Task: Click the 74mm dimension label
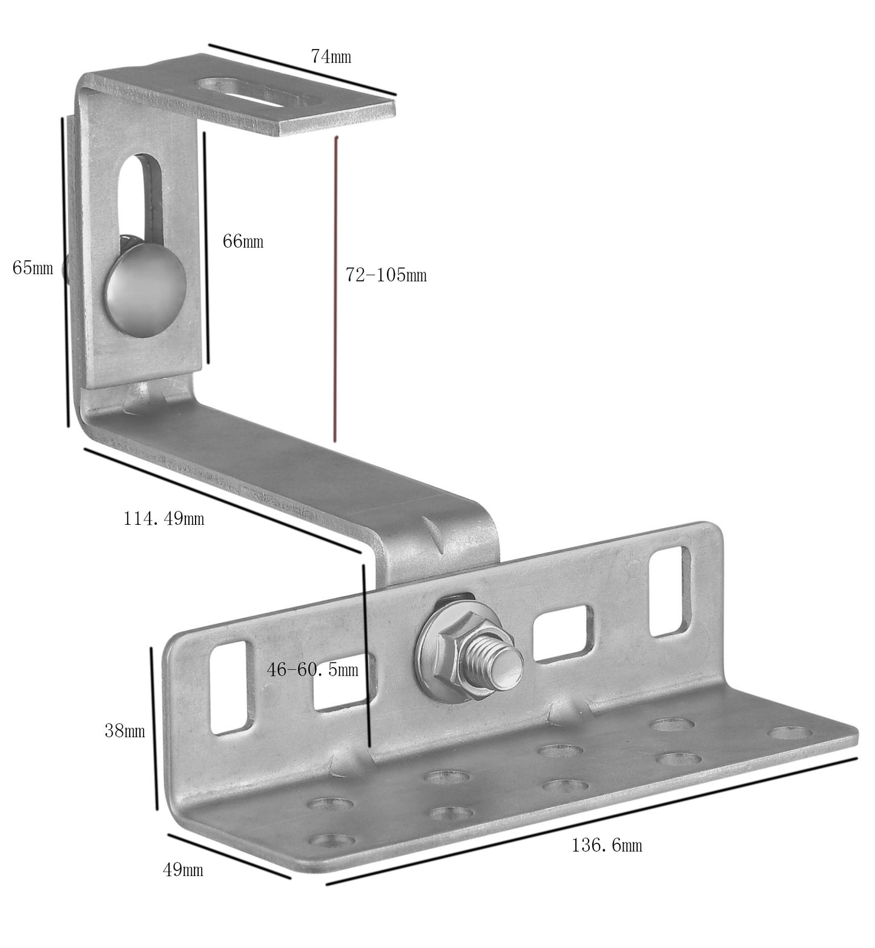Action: tap(331, 56)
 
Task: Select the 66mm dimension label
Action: tap(243, 241)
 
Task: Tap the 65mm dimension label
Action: tap(33, 267)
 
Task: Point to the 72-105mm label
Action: tap(386, 275)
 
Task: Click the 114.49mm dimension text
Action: tap(163, 518)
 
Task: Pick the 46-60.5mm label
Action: tap(312, 669)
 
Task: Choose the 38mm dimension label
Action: tap(125, 731)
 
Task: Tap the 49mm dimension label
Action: tap(183, 870)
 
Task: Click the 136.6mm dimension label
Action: tap(607, 844)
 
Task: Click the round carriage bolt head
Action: tap(145, 285)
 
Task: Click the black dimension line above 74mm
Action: tap(302, 69)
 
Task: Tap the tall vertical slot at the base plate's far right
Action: tap(670, 591)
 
